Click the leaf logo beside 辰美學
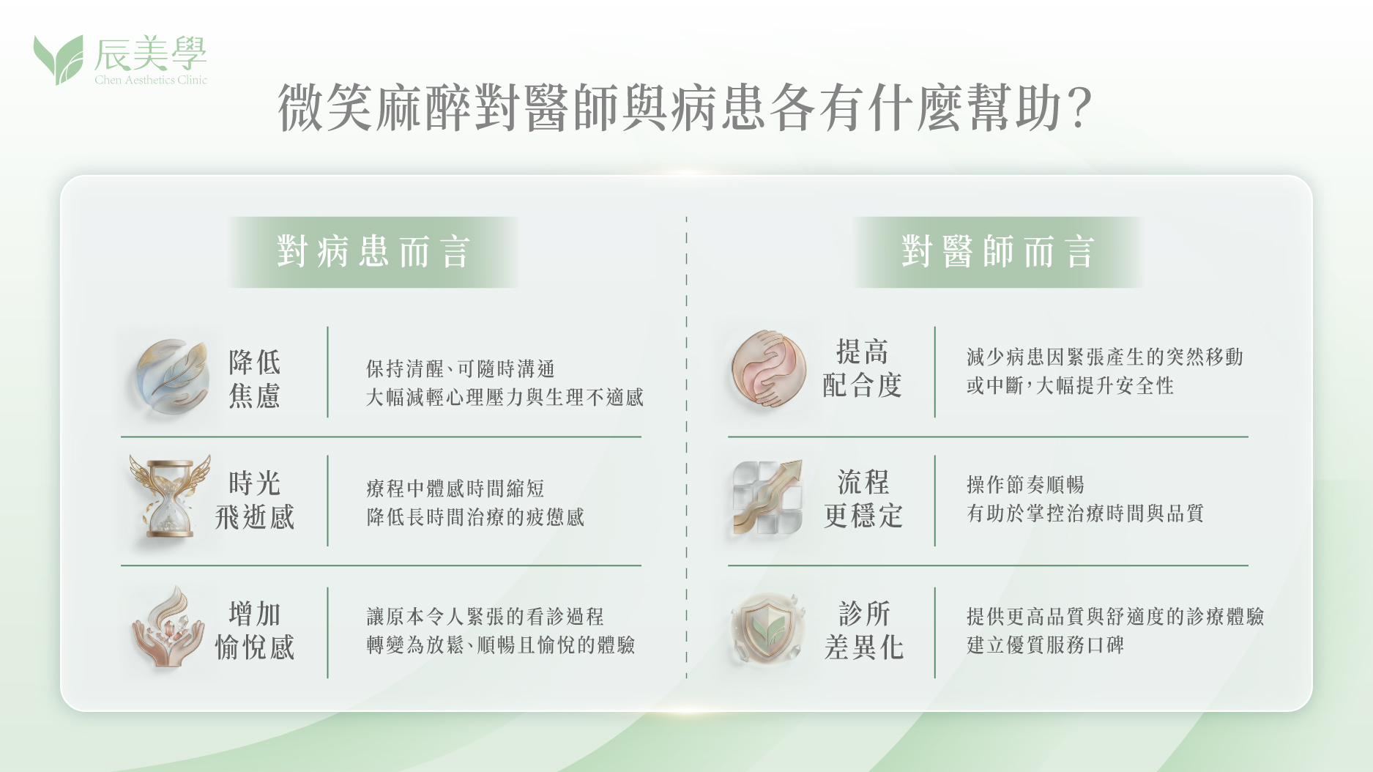click(58, 59)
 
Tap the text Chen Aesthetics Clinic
click(151, 80)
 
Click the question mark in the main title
click(1079, 108)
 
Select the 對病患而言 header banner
click(373, 252)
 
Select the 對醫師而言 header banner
click(997, 252)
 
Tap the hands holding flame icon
click(168, 627)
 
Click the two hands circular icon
click(769, 368)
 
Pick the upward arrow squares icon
click(767, 497)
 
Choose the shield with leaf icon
click(768, 628)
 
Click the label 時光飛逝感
click(255, 500)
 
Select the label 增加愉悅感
click(255, 631)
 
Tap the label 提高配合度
click(863, 368)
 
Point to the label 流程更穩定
click(863, 500)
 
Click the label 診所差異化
click(863, 631)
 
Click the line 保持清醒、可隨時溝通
click(461, 368)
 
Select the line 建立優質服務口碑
click(1045, 645)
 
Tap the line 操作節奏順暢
click(1025, 485)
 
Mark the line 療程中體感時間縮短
click(455, 489)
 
